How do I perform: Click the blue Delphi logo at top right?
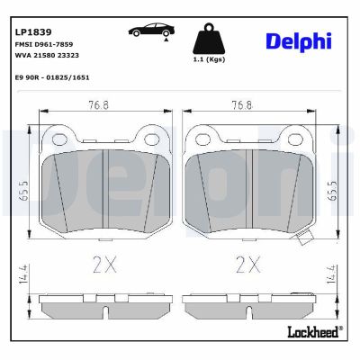pos(298,40)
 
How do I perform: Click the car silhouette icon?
pos(150,31)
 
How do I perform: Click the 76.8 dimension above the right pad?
pos(241,104)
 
